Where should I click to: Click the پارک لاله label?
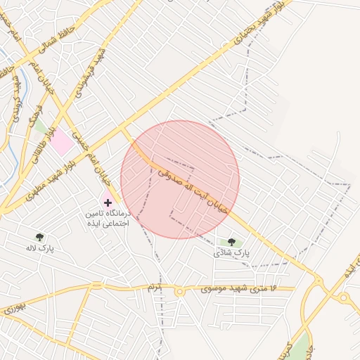click(x=40, y=248)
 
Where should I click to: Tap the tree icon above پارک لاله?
click(x=39, y=237)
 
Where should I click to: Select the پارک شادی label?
click(x=233, y=252)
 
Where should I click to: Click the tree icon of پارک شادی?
click(x=231, y=242)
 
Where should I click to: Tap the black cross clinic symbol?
click(x=108, y=202)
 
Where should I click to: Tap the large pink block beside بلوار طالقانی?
click(x=62, y=142)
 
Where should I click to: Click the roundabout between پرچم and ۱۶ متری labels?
click(x=179, y=290)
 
